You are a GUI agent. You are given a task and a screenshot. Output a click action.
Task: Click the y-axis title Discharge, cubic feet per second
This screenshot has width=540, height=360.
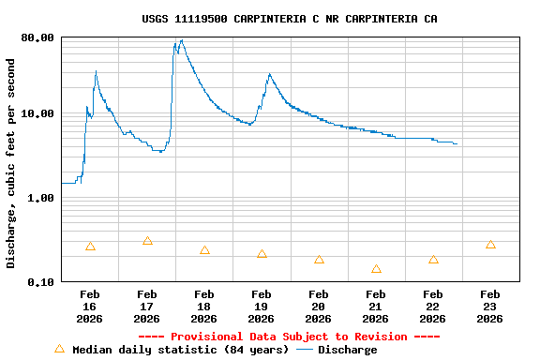pos(11,163)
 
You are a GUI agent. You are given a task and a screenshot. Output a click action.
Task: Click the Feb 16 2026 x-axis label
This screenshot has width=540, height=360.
pos(90,307)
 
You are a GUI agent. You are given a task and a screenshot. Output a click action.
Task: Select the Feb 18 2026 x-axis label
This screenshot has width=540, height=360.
pos(204,307)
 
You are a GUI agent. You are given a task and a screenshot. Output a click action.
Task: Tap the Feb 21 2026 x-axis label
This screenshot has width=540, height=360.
pos(376,307)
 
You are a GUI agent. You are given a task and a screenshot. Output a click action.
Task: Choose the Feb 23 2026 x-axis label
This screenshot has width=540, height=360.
pos(490,307)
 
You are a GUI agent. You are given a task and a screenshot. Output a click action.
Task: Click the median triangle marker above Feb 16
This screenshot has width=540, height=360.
pos(90,247)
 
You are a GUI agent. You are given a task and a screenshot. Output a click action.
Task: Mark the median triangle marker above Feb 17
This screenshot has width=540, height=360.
pos(147,241)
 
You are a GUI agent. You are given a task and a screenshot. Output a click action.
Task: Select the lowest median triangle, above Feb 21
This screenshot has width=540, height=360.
pos(376,269)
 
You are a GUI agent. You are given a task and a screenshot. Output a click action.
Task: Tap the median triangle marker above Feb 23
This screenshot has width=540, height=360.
pos(490,245)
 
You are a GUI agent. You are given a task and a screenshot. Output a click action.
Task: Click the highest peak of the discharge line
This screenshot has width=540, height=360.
pos(181,40)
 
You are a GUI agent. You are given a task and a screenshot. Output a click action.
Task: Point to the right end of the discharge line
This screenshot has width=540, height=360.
pos(457,143)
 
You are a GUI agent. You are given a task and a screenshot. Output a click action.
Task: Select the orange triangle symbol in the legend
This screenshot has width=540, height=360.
pos(60,349)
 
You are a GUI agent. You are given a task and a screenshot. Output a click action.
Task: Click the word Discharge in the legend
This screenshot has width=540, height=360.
pos(347,350)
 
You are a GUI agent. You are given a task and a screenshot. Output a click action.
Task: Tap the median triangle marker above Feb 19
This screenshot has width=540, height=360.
pos(262,254)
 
